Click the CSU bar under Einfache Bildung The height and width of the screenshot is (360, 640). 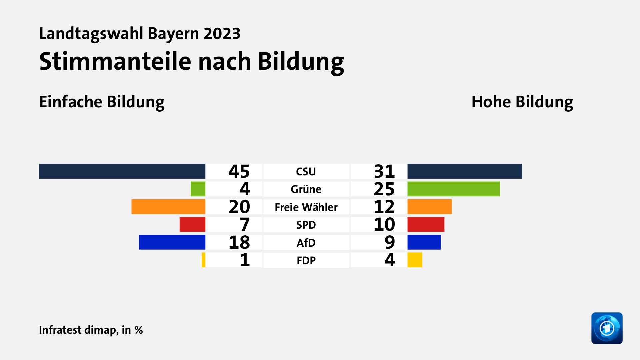[x=122, y=171]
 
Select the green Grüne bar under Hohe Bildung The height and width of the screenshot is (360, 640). [x=453, y=189]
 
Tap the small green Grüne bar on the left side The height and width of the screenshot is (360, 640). [x=198, y=189]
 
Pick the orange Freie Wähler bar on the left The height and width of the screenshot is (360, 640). [x=168, y=207]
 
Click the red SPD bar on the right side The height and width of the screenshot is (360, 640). [x=426, y=224]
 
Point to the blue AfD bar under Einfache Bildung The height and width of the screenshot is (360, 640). [x=172, y=242]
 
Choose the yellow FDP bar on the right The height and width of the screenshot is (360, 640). [x=415, y=260]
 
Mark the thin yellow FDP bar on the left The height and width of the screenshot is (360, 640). [x=204, y=260]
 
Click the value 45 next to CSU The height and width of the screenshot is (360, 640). [x=239, y=171]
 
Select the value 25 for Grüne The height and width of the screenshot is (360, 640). [x=384, y=189]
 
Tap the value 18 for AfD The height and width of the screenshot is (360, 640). [x=239, y=242]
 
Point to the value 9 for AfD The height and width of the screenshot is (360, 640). [x=389, y=242]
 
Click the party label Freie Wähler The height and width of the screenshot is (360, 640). [x=306, y=207]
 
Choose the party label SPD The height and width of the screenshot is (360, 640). [x=306, y=225]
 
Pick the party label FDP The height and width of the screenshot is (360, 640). [x=306, y=260]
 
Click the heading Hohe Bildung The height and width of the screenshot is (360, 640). [x=522, y=102]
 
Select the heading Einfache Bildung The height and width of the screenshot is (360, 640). [x=102, y=102]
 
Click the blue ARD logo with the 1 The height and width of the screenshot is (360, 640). [x=607, y=328]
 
